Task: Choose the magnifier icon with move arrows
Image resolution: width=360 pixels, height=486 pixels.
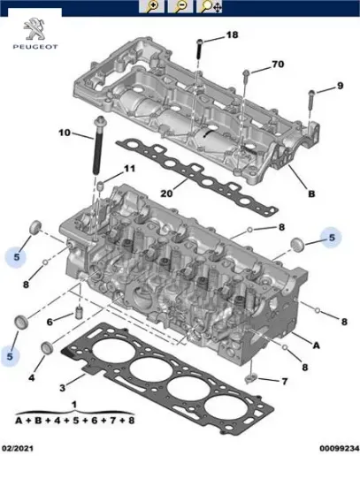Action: pos(209,7)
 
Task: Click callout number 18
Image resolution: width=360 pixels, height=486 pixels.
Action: pos(232,35)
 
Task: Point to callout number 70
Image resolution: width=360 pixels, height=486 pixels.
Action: pos(278,65)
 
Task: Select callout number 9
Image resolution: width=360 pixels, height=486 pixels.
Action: pos(339,86)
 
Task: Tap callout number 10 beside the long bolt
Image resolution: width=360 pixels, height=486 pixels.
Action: pos(64,133)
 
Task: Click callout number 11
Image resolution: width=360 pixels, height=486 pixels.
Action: pos(130,169)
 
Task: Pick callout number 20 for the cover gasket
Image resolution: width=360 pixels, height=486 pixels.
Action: pos(165,194)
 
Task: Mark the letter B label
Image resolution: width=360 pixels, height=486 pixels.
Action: pos(310,194)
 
